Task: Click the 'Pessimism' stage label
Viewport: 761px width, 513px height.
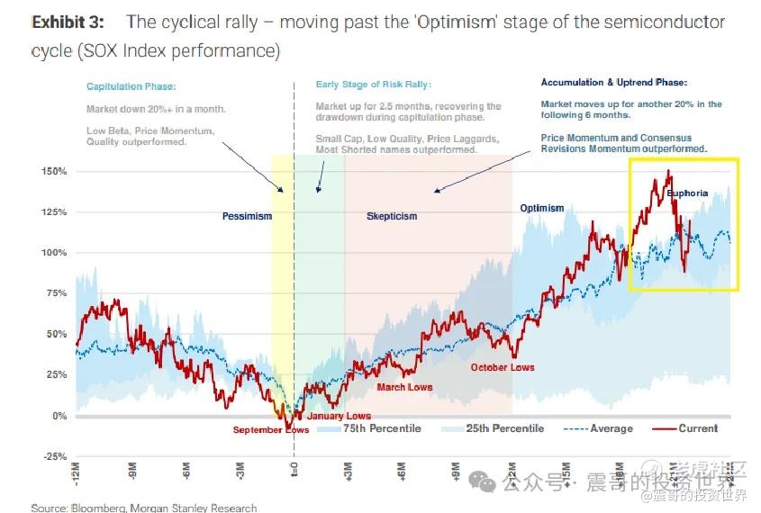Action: pyautogui.click(x=247, y=216)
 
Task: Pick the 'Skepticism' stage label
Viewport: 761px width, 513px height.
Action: pyautogui.click(x=392, y=216)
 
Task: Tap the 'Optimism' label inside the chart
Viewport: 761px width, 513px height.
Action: pyautogui.click(x=541, y=208)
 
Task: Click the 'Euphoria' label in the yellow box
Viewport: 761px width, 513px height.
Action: pyautogui.click(x=687, y=193)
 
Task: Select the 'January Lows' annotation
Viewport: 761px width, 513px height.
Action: pyautogui.click(x=339, y=416)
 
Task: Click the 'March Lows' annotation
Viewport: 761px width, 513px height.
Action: pyautogui.click(x=404, y=387)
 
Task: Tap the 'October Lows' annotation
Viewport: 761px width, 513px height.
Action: pyautogui.click(x=503, y=367)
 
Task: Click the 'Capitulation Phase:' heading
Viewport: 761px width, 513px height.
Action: pyautogui.click(x=131, y=86)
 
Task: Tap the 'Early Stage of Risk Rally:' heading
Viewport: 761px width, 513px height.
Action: pyautogui.click(x=373, y=85)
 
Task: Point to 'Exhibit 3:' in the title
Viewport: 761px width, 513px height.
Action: pyautogui.click(x=67, y=22)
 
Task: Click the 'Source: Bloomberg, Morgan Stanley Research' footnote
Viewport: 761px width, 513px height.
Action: pyautogui.click(x=143, y=508)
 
